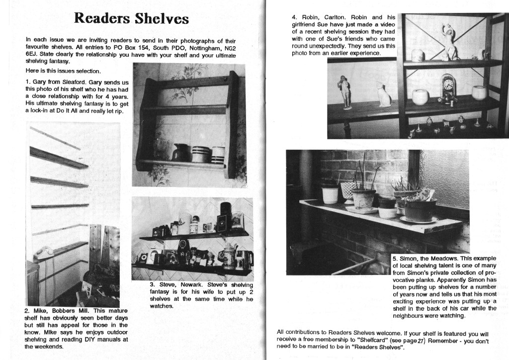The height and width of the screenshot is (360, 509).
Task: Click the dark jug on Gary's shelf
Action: click(x=179, y=153)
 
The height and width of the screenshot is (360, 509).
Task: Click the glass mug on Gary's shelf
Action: click(x=162, y=149)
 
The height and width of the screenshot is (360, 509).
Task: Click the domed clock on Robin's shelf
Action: click(x=448, y=88)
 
